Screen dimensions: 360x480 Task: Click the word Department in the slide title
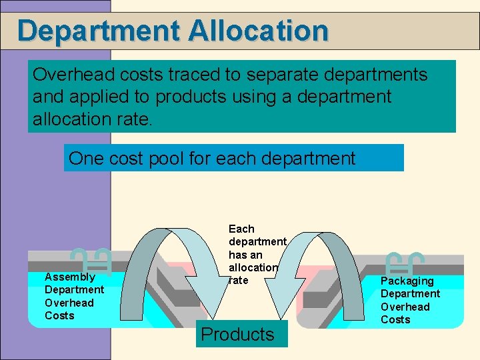99,31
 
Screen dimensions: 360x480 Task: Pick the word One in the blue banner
85,159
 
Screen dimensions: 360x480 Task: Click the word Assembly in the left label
69,277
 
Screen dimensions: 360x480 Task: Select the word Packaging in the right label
407,281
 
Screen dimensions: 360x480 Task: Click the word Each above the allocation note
241,229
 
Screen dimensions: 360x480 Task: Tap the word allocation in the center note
253,267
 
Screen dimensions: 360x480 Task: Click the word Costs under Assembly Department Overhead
59,315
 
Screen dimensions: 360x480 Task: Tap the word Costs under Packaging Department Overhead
395,319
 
